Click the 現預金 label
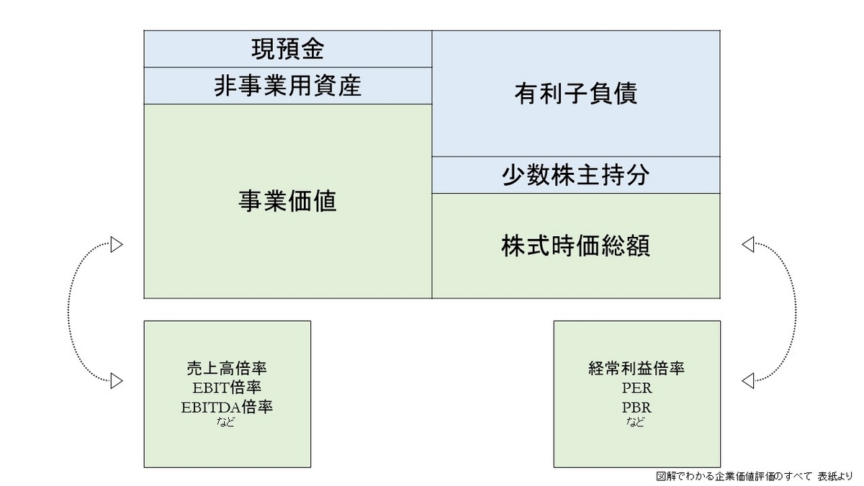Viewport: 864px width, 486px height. (x=287, y=50)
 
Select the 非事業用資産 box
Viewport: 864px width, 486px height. (x=287, y=86)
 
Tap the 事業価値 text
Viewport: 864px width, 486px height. (x=287, y=202)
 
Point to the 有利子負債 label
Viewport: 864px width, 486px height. (x=575, y=94)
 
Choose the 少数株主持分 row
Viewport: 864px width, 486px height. (x=575, y=175)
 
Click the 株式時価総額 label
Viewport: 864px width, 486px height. (x=575, y=246)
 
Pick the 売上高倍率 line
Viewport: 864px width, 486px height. (x=227, y=369)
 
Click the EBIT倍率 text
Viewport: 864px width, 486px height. (x=227, y=388)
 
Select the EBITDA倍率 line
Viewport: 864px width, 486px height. (x=227, y=407)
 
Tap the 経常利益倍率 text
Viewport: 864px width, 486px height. (x=636, y=369)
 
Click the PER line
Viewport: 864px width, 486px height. (x=636, y=388)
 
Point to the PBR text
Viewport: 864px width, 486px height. (x=636, y=407)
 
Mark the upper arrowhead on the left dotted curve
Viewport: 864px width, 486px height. (x=117, y=245)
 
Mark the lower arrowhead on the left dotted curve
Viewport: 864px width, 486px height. (x=117, y=379)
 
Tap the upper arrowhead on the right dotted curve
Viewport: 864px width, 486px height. (x=747, y=245)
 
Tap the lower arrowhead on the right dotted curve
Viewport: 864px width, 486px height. (x=747, y=379)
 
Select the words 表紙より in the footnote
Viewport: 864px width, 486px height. (x=834, y=476)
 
